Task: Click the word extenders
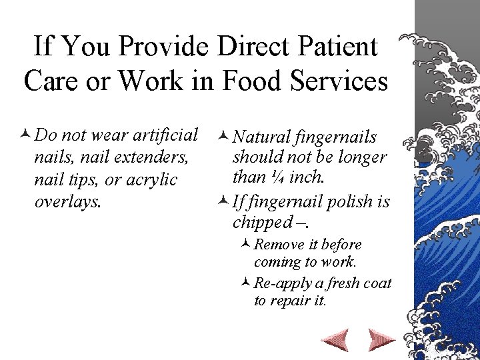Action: (x=151, y=158)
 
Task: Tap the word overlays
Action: (x=67, y=201)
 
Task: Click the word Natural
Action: (x=263, y=137)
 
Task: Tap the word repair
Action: (x=291, y=301)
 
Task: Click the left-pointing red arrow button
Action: (x=335, y=340)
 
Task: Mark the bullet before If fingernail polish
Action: (x=223, y=201)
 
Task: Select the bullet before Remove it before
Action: (x=245, y=245)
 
